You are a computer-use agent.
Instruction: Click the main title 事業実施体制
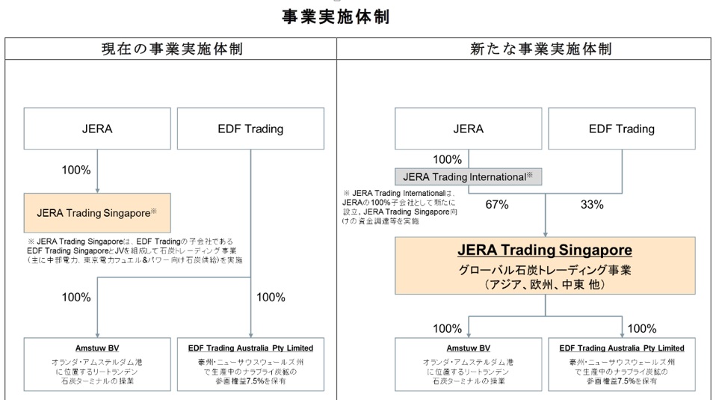click(x=336, y=17)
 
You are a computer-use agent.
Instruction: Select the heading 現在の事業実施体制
click(x=172, y=49)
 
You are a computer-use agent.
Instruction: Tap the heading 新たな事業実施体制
click(x=540, y=49)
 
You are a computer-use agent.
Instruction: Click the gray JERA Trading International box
click(x=468, y=176)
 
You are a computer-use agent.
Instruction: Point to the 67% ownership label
click(x=497, y=205)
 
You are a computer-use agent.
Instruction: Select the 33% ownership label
click(x=592, y=205)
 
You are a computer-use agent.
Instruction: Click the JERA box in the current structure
click(x=97, y=129)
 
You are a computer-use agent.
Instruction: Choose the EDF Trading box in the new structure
click(x=622, y=129)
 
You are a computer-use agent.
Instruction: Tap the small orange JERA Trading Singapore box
click(x=97, y=213)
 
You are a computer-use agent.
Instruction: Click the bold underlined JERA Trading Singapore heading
click(x=545, y=250)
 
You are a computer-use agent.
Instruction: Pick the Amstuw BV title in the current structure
click(x=97, y=348)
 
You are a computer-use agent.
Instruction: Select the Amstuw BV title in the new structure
click(x=469, y=348)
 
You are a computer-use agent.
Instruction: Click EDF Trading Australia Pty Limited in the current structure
click(x=250, y=348)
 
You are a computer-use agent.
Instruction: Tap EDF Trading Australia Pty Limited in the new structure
click(x=622, y=348)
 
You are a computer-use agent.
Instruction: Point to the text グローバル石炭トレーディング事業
click(x=545, y=271)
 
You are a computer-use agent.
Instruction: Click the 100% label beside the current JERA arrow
click(x=76, y=170)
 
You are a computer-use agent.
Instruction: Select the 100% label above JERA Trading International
click(x=448, y=160)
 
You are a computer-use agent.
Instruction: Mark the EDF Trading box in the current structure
click(x=250, y=129)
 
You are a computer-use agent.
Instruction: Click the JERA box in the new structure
click(x=469, y=129)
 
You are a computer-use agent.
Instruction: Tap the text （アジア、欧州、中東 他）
click(x=545, y=285)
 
